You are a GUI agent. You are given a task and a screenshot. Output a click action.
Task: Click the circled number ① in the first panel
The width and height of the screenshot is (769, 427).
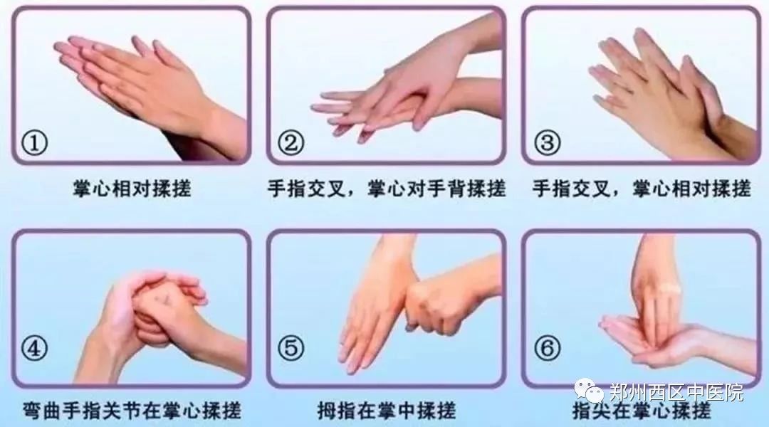pyautogui.click(x=34, y=143)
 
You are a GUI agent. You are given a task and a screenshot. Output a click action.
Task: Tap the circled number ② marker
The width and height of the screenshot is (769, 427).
pyautogui.click(x=291, y=143)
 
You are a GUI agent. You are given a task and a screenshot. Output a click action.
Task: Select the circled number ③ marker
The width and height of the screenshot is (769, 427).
pyautogui.click(x=547, y=143)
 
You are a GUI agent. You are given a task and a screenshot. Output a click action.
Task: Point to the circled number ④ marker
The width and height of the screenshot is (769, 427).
pyautogui.click(x=34, y=349)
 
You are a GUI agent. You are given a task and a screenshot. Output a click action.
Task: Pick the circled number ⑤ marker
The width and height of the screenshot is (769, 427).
pyautogui.click(x=291, y=349)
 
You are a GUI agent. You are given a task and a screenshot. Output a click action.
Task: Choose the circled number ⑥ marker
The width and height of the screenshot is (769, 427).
pyautogui.click(x=547, y=349)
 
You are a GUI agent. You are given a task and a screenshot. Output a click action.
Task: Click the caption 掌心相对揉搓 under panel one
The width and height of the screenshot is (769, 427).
pyautogui.click(x=132, y=189)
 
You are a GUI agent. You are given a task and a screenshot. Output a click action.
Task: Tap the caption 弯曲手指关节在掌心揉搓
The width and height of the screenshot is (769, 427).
pyautogui.click(x=132, y=411)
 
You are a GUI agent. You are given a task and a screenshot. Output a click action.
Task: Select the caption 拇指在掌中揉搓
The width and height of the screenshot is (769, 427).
pyautogui.click(x=387, y=411)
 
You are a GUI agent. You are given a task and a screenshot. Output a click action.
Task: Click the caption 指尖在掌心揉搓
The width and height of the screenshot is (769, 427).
pyautogui.click(x=642, y=411)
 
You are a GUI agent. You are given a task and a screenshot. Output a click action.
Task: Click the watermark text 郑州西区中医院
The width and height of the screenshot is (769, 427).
pyautogui.click(x=677, y=393)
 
